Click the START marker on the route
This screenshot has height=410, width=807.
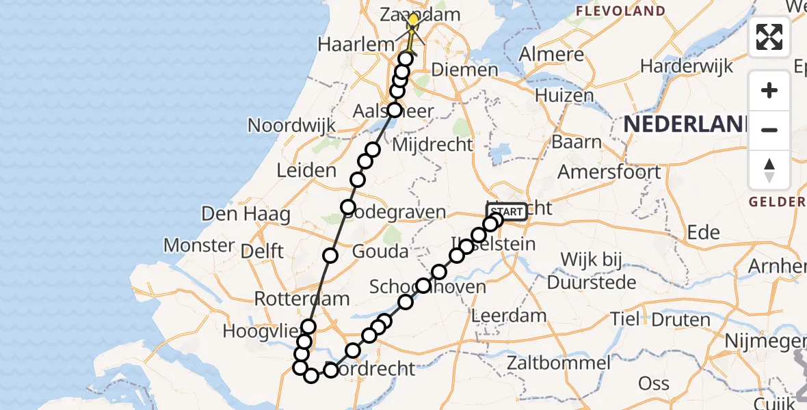click(x=507, y=212)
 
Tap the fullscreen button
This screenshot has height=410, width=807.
click(x=769, y=37)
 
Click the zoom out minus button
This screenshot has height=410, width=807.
click(x=769, y=130)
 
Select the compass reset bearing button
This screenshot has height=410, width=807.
click(x=769, y=170)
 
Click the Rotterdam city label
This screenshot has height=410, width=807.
click(x=302, y=299)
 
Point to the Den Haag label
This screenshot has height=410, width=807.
click(x=246, y=214)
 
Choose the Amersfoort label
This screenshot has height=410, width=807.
click(x=609, y=171)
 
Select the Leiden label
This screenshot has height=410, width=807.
click(x=306, y=171)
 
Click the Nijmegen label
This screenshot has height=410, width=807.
click(x=759, y=339)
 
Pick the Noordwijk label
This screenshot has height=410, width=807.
click(x=292, y=126)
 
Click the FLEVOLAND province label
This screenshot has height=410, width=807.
click(x=620, y=11)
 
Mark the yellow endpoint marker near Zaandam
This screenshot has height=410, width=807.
click(x=412, y=20)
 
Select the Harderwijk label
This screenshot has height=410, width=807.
click(x=687, y=66)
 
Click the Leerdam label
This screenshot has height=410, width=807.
click(x=509, y=316)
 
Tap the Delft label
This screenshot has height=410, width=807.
click(x=263, y=251)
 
